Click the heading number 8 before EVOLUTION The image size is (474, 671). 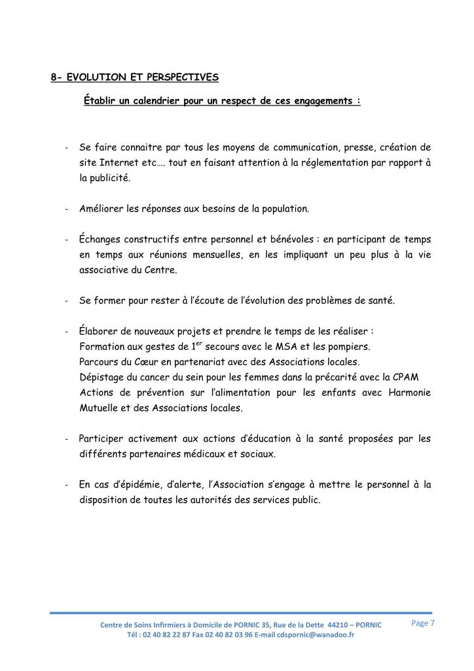coord(54,77)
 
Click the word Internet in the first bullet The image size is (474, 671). coord(111,163)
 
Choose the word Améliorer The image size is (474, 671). coord(103,209)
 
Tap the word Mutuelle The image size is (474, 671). coord(99,408)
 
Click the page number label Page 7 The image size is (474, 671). coord(423,623)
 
